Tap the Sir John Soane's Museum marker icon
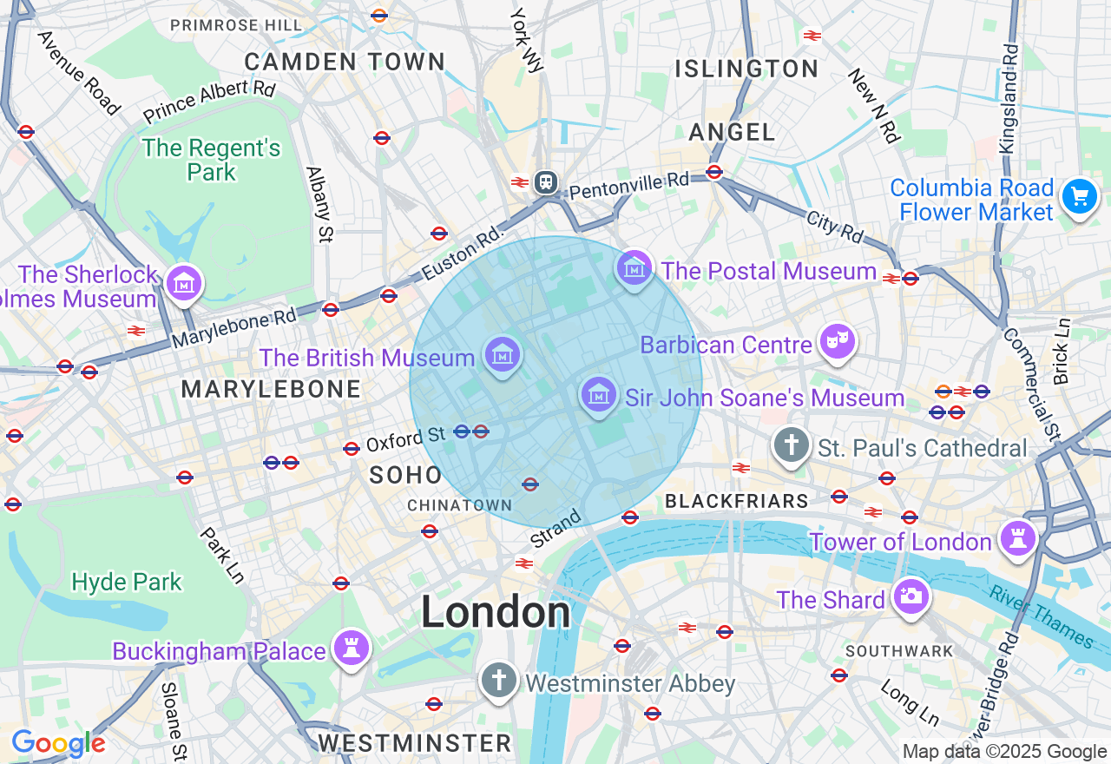[599, 395]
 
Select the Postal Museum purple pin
[634, 268]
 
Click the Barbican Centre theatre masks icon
[837, 342]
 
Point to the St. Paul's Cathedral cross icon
[791, 446]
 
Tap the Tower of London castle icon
[1016, 539]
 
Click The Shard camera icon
[910, 596]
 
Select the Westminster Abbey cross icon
[498, 681]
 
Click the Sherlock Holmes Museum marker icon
[184, 283]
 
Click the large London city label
[496, 613]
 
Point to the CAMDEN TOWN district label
[345, 63]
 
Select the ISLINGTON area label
[746, 69]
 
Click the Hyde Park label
[127, 582]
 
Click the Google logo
[58, 743]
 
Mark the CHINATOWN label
[460, 505]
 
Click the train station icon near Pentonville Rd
[546, 182]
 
